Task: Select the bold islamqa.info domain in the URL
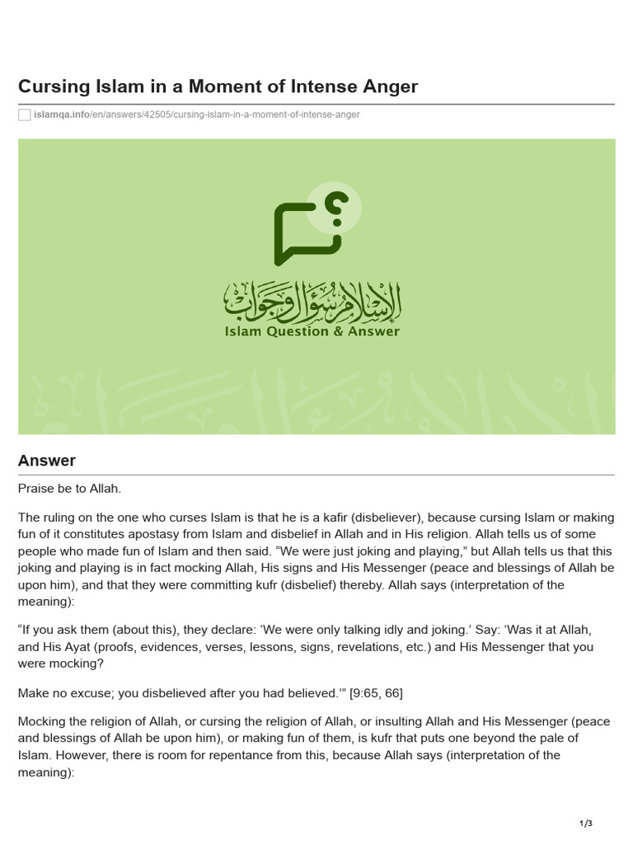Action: point(62,115)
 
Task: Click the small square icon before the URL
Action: point(25,115)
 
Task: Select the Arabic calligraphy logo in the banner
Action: point(312,302)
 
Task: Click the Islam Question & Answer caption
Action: point(312,331)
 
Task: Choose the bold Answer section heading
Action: point(47,461)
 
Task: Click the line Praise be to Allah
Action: point(69,489)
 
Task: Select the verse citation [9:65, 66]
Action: point(376,692)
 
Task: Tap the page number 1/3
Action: point(586,823)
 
